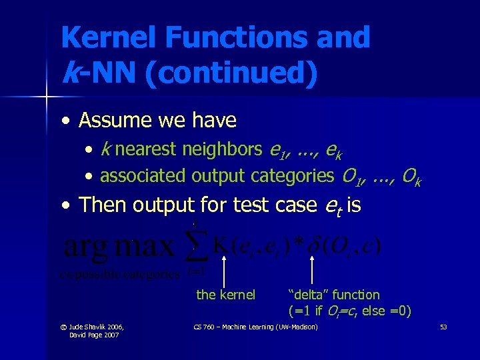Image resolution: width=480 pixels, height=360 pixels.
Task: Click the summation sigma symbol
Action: click(x=195, y=247)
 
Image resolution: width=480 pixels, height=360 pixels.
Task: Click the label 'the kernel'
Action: click(x=225, y=295)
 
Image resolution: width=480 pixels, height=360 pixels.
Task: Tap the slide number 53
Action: click(x=443, y=327)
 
